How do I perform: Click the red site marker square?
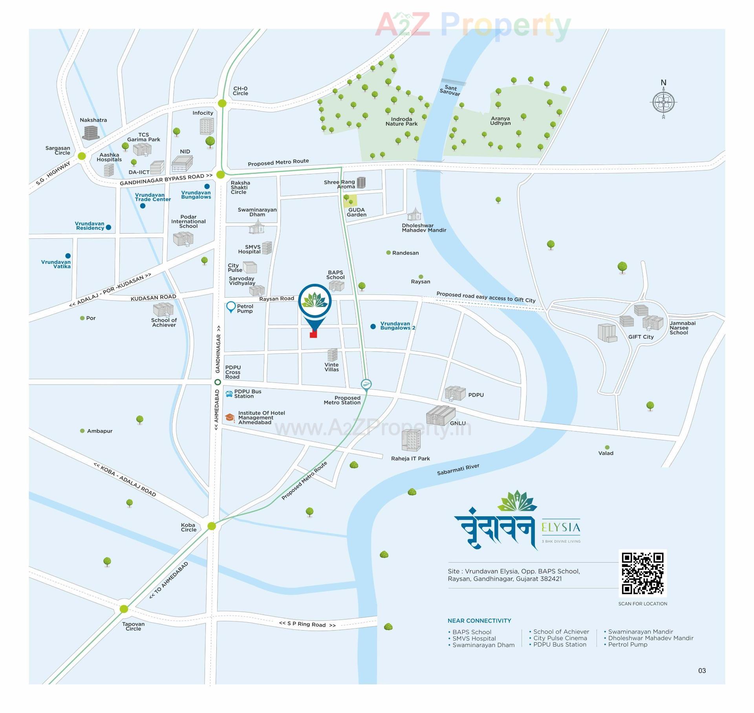click(313, 334)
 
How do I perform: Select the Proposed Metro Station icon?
click(366, 384)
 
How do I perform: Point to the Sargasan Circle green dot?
click(82, 156)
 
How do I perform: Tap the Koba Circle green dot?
click(212, 526)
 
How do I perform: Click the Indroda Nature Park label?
click(401, 121)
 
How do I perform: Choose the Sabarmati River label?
click(458, 469)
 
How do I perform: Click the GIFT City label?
click(641, 337)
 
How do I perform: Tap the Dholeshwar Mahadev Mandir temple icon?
click(414, 215)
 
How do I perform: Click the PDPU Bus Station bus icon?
click(229, 394)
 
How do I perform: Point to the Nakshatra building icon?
click(90, 132)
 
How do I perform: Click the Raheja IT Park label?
click(410, 459)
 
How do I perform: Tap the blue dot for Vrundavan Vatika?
click(68, 256)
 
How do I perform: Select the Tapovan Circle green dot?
click(124, 609)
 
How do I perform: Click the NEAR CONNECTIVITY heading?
click(479, 621)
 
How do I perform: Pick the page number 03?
click(702, 671)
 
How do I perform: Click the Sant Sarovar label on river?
click(450, 90)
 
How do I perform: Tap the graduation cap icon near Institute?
click(230, 417)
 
